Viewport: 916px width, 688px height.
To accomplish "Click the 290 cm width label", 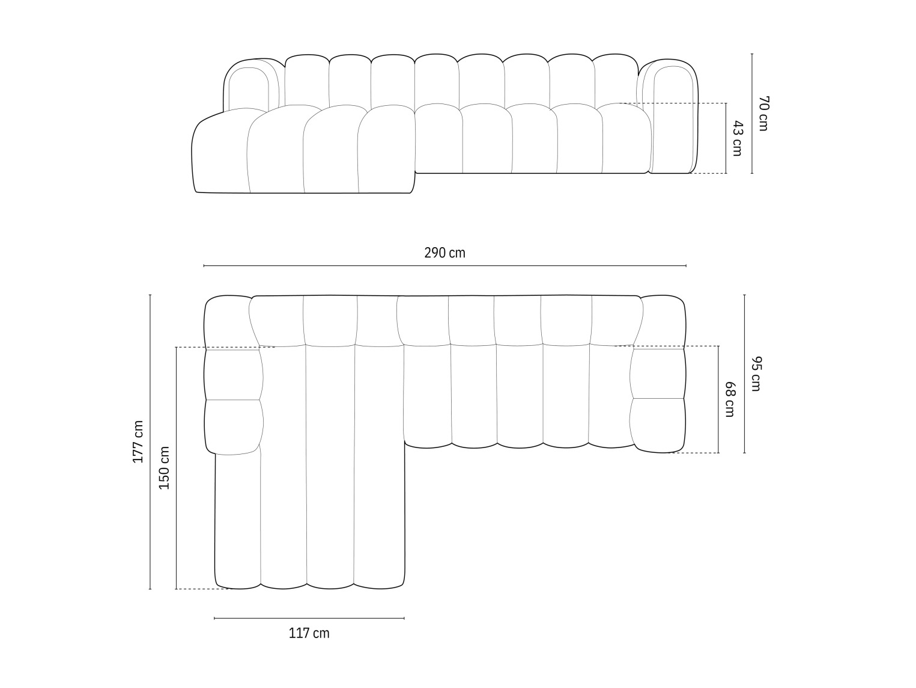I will [x=444, y=253].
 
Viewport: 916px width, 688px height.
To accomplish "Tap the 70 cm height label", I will [x=763, y=113].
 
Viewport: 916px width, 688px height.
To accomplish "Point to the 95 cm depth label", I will [x=756, y=373].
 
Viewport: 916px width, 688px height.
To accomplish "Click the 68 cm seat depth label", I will [x=730, y=399].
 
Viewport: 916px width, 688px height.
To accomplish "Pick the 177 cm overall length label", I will [x=138, y=441].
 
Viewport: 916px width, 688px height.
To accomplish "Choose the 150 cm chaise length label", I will [x=164, y=467].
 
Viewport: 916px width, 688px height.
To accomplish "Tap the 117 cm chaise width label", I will [x=309, y=633].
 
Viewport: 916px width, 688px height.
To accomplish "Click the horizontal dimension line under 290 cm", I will [x=444, y=265].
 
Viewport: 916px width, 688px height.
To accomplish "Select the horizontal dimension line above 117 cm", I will [x=309, y=618].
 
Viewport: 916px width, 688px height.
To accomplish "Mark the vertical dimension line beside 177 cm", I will [x=150, y=441].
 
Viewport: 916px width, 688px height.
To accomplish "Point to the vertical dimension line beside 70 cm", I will [x=751, y=113].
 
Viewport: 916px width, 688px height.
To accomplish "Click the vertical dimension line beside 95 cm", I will [x=744, y=373].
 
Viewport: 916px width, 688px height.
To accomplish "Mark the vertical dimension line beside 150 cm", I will [x=176, y=467].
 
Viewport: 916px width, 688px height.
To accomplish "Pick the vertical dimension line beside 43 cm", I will [x=726, y=138].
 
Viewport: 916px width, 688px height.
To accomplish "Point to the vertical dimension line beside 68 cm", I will [x=718, y=399].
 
